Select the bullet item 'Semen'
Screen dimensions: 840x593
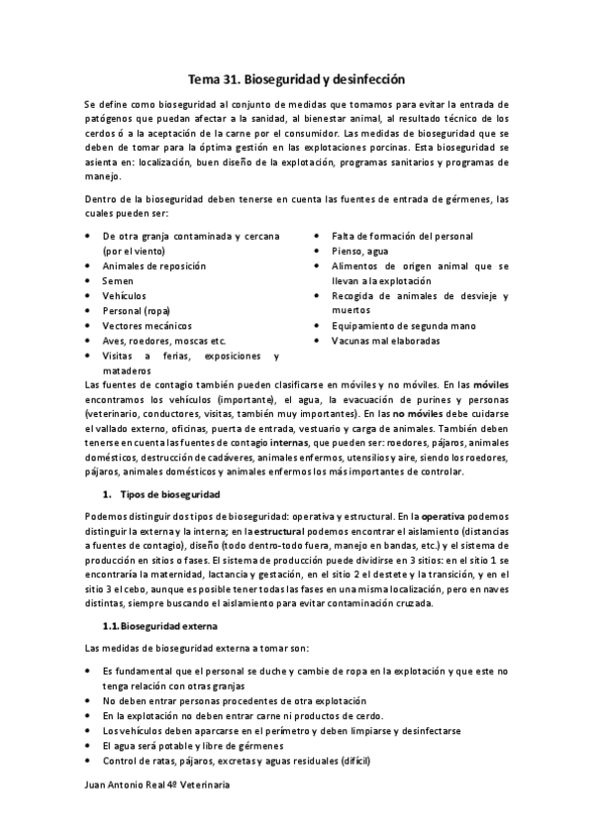(x=118, y=281)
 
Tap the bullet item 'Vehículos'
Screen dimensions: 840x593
(x=124, y=296)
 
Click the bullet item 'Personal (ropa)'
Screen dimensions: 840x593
(x=137, y=311)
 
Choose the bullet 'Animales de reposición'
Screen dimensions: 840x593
(x=153, y=266)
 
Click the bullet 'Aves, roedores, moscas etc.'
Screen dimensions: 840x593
(x=163, y=341)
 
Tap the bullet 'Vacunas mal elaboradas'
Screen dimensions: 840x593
(x=386, y=341)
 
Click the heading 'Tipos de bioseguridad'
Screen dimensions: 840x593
(x=169, y=493)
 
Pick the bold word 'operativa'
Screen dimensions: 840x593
(x=437, y=517)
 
